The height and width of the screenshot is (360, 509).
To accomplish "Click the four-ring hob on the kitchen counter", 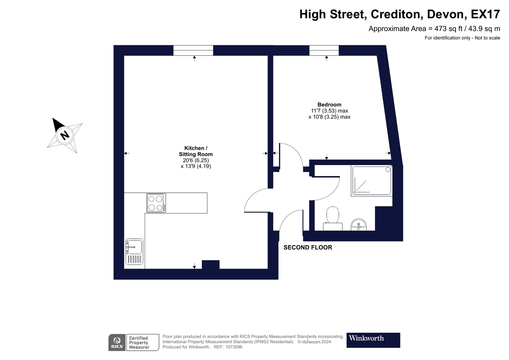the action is [x=156, y=203].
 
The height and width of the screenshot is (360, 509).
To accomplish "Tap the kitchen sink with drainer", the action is [x=134, y=252].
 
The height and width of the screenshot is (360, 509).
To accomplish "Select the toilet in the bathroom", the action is [x=333, y=219].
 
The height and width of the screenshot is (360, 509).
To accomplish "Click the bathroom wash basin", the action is [x=359, y=225].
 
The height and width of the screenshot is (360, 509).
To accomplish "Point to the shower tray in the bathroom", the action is [x=372, y=181].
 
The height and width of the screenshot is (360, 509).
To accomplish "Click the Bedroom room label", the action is [x=329, y=105].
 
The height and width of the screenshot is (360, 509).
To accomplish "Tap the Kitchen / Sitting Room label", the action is [x=196, y=151].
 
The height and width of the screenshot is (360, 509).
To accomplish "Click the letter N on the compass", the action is [x=65, y=135].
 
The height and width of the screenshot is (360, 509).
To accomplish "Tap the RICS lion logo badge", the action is [x=117, y=343].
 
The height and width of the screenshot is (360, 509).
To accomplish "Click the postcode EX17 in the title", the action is [x=485, y=14].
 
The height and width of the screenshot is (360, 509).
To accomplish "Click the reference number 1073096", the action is [x=234, y=347].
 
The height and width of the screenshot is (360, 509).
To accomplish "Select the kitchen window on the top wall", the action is [x=193, y=50].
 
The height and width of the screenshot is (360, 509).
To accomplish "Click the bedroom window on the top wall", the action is [x=324, y=50].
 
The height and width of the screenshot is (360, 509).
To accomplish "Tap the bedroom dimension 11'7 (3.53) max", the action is [x=329, y=111].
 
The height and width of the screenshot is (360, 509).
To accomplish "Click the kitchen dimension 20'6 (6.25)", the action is [x=196, y=160].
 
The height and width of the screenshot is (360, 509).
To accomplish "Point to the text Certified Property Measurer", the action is [x=139, y=343].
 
